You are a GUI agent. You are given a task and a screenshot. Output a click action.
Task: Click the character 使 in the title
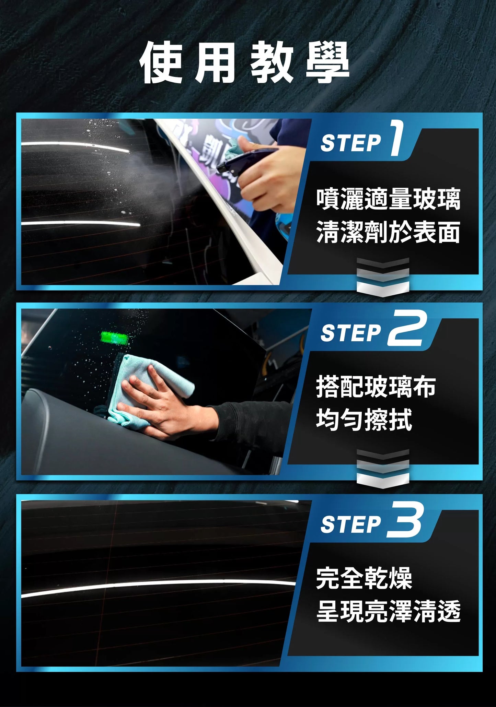pyautogui.click(x=161, y=63)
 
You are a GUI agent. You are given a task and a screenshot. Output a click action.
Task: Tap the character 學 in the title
pyautogui.click(x=327, y=63)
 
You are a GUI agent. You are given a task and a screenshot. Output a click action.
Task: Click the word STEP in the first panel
pyautogui.click(x=350, y=143)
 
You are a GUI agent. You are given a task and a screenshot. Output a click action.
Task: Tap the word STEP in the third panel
pyautogui.click(x=350, y=525)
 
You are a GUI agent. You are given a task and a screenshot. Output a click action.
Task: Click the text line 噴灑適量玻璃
pyautogui.click(x=388, y=199)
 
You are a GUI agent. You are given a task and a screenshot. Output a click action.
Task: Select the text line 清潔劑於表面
pyautogui.click(x=388, y=232)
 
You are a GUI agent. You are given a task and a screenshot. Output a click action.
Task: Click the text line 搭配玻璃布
pyautogui.click(x=376, y=387)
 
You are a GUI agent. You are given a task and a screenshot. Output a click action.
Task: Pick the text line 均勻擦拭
pyautogui.click(x=364, y=419)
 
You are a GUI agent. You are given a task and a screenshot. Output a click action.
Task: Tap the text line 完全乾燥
pyautogui.click(x=364, y=578)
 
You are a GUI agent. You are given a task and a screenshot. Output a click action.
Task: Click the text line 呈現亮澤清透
pyautogui.click(x=388, y=611)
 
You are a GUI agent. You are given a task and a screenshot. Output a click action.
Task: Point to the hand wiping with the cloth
pyautogui.click(x=161, y=408)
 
